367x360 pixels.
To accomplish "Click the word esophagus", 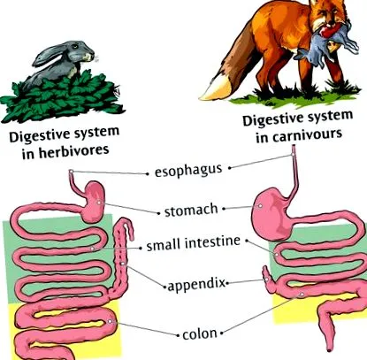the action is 188,171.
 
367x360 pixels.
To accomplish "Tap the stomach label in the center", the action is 191,211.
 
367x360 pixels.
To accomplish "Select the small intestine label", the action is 194,243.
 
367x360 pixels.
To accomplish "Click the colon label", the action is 200,334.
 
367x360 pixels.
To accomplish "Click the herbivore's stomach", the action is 95,202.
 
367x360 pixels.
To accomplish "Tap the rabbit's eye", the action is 75,46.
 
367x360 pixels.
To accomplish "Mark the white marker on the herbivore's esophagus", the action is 71,172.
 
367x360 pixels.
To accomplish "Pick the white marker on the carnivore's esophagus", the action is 293,155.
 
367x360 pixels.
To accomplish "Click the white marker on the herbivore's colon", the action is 110,321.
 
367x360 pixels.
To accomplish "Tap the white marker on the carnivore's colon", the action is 302,295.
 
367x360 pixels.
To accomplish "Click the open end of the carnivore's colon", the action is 330,350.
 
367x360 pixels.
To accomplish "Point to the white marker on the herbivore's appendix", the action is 122,264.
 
